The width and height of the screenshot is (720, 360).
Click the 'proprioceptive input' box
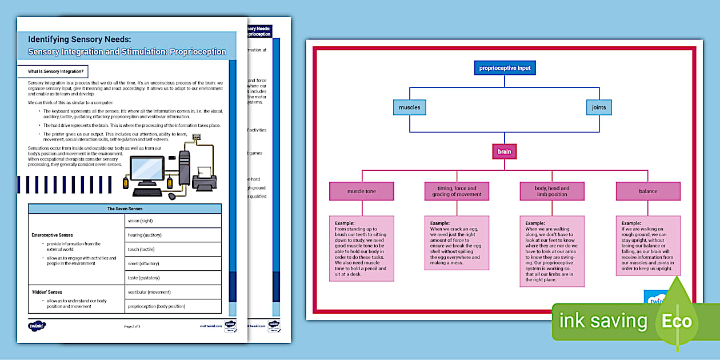[x=505, y=68]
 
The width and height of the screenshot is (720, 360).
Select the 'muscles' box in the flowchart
[x=409, y=107]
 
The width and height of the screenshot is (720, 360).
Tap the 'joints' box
[x=599, y=107]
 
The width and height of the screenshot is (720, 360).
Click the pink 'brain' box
[x=504, y=151]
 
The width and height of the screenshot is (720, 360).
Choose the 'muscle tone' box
[x=362, y=191]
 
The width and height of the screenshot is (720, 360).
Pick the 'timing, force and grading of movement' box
[x=457, y=191]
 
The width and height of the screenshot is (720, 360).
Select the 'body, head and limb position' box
[x=552, y=191]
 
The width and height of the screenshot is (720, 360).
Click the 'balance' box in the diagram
[x=648, y=191]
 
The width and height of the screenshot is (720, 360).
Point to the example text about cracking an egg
[x=457, y=246]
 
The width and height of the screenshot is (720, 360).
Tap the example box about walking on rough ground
[x=648, y=246]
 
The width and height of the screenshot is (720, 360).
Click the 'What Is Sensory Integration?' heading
[x=57, y=72]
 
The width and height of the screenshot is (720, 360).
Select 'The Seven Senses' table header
[x=125, y=209]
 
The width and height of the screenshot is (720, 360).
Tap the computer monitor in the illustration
[x=147, y=170]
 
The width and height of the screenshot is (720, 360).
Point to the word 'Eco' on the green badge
[x=677, y=321]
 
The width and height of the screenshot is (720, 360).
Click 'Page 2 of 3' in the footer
[x=132, y=326]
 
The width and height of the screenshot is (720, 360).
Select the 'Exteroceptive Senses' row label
[x=52, y=235]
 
